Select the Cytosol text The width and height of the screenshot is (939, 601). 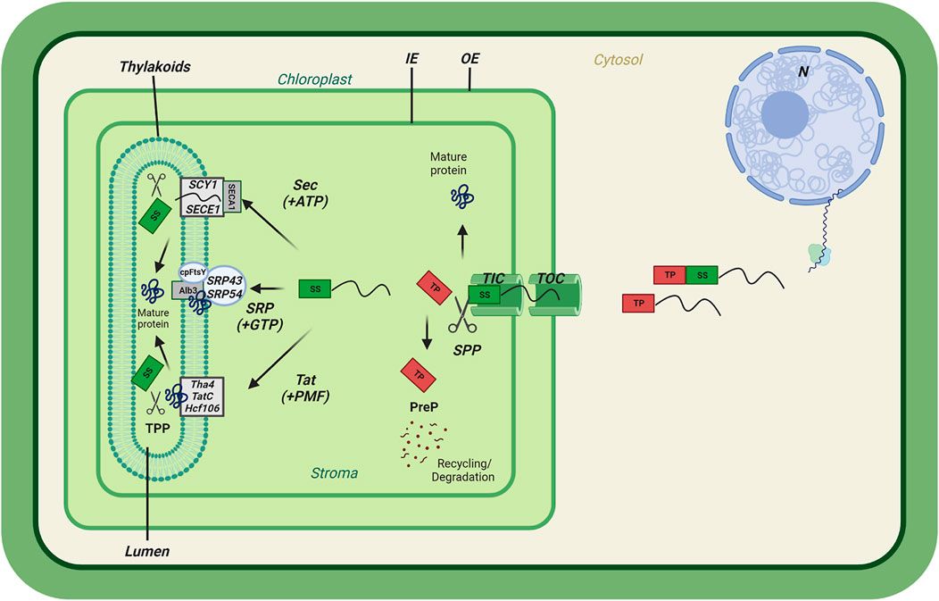[618, 61]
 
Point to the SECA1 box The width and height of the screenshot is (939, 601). [234, 193]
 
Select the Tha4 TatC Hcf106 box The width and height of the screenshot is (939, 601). [202, 396]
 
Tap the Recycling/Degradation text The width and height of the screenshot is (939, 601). [465, 471]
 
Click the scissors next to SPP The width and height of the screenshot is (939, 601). [462, 317]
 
